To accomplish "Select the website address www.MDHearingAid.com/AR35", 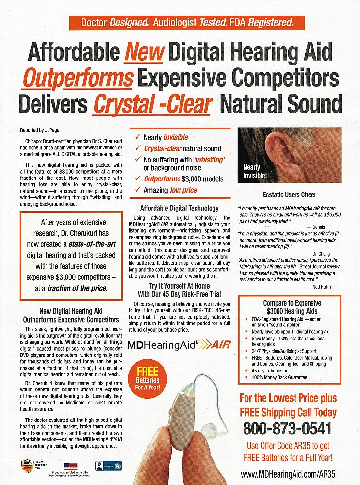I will tap(289, 474).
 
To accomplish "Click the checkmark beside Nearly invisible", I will tap(138, 137).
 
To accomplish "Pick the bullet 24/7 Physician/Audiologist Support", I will tap(284, 350).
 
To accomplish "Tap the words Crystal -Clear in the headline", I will tap(153, 104).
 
